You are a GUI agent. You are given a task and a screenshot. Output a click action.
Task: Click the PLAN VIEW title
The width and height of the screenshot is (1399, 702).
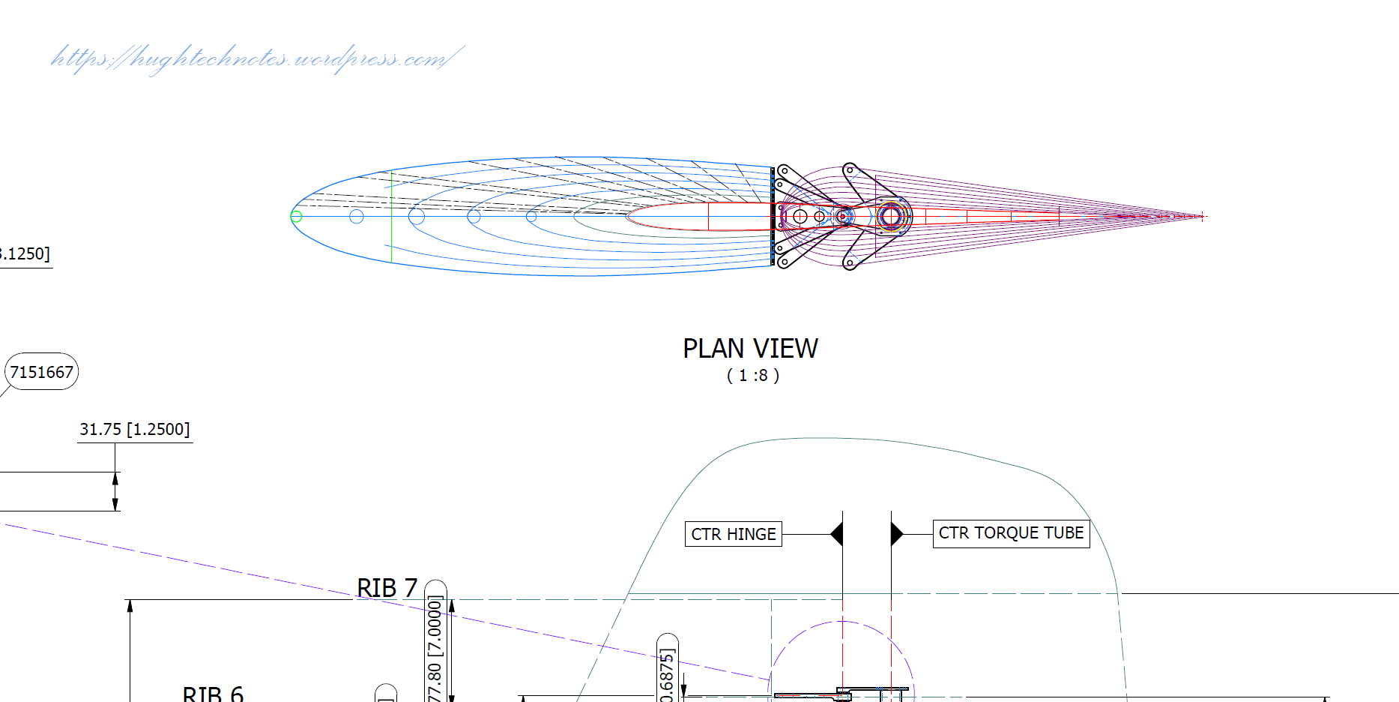point(750,349)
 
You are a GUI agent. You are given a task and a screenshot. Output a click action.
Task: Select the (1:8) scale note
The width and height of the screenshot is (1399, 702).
point(752,376)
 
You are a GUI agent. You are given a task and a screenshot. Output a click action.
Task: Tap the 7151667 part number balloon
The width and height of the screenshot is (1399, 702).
point(42,372)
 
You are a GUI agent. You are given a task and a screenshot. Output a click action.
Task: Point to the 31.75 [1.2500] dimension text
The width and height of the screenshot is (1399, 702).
point(135,430)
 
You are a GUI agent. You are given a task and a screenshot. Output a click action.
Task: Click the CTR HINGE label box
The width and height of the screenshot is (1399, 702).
point(733,534)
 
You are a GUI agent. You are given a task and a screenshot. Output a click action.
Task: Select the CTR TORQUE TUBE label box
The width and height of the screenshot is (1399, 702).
point(1011,533)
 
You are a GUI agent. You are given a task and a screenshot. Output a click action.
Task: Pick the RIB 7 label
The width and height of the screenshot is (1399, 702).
point(387,588)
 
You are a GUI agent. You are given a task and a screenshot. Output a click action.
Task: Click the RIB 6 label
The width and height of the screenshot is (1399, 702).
point(213,693)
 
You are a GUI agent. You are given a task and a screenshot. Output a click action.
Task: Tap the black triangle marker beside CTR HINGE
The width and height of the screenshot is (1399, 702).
point(838,534)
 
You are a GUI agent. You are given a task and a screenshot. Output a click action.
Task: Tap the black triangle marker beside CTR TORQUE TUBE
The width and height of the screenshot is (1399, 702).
point(896,534)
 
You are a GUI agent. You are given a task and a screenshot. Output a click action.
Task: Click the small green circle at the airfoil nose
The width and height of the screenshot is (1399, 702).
point(296,217)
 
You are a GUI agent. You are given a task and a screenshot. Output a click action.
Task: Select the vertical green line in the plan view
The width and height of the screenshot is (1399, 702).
point(391,217)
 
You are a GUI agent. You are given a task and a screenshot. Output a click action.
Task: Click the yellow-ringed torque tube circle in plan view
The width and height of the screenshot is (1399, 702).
point(890,217)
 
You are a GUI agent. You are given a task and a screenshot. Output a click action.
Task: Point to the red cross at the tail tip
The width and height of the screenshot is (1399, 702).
point(1201,217)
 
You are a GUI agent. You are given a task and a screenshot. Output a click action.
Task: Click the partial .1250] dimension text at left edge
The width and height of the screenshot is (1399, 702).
point(25,254)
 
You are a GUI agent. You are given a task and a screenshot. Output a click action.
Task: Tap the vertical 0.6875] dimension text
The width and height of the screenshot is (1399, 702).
point(667,675)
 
